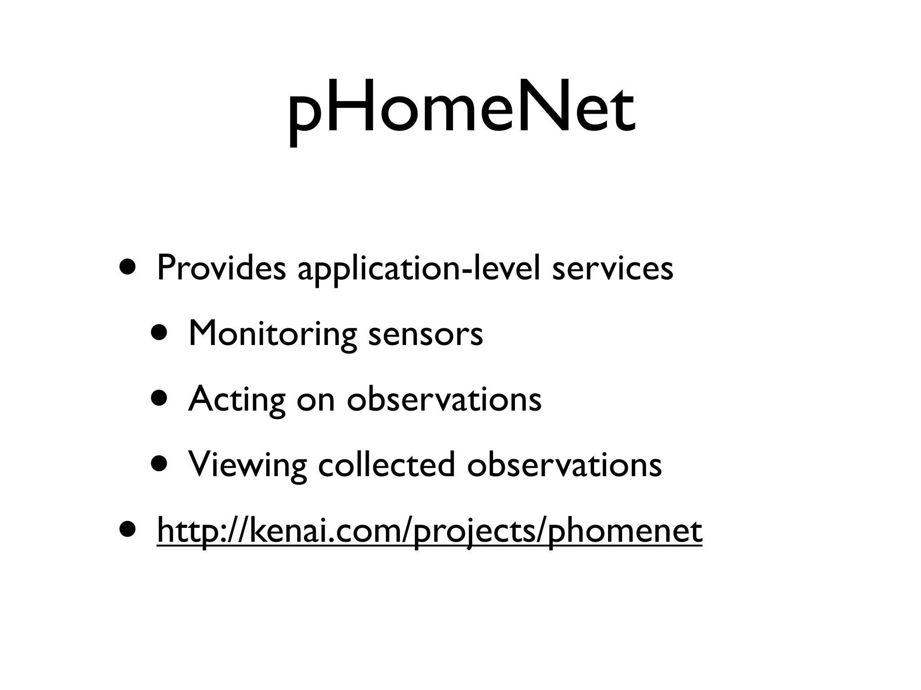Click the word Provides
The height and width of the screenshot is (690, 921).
pos(221,268)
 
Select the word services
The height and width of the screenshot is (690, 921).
pos(613,268)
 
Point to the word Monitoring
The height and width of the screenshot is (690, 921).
pos(273,334)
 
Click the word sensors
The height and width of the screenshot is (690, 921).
pos(425,334)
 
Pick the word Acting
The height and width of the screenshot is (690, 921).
pos(237,399)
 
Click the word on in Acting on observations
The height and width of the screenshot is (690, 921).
pos(316,399)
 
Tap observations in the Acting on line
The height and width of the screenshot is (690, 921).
pos(444,399)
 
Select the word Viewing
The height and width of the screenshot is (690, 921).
pos(247,464)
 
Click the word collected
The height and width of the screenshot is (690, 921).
pos(386,464)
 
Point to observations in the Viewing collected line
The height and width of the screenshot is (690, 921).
pos(564,464)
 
